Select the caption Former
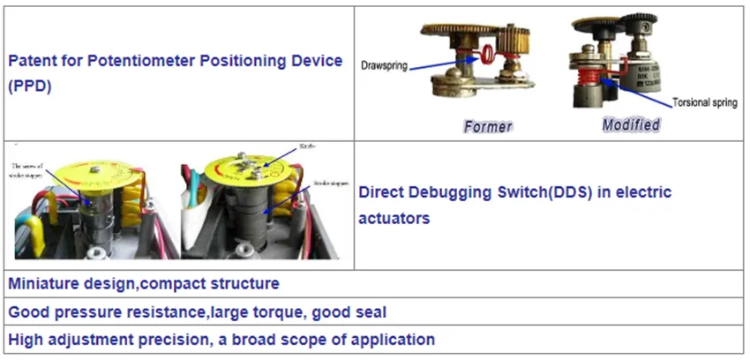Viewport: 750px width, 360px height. coord(487,127)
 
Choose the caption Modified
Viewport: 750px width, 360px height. coord(631,124)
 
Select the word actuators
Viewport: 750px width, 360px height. coord(394,217)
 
